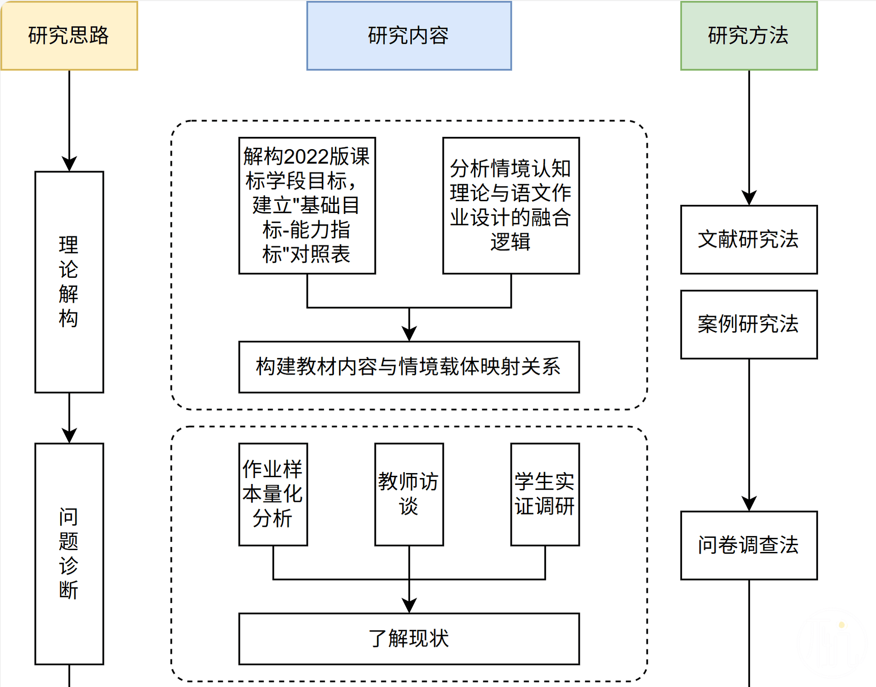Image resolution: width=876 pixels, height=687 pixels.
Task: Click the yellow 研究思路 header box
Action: pyautogui.click(x=69, y=36)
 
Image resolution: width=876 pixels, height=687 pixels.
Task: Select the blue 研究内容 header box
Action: pyautogui.click(x=409, y=36)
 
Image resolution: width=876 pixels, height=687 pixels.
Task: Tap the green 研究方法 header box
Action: pyautogui.click(x=749, y=36)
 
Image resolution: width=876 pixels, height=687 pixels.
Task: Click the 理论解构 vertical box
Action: pyautogui.click(x=69, y=282)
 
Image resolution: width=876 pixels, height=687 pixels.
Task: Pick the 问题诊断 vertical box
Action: pyautogui.click(x=69, y=553)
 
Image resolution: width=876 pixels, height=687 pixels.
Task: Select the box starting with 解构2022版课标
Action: pyautogui.click(x=307, y=205)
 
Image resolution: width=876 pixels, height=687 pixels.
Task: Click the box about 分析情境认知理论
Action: pyautogui.click(x=511, y=205)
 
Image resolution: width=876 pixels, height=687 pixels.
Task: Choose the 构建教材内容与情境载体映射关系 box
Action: pyautogui.click(x=409, y=367)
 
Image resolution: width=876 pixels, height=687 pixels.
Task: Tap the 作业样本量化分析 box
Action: pyautogui.click(x=273, y=494)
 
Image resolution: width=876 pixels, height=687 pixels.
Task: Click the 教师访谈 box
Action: pyautogui.click(x=409, y=494)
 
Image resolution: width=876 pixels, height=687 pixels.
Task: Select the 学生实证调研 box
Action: pyautogui.click(x=545, y=494)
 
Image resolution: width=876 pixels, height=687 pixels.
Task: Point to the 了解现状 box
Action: pyautogui.click(x=409, y=639)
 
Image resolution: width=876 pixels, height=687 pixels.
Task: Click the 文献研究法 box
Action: pyautogui.click(x=749, y=239)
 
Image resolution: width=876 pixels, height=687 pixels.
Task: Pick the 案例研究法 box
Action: pyautogui.click(x=749, y=324)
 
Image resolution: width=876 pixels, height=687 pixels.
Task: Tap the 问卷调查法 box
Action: pyautogui.click(x=749, y=545)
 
